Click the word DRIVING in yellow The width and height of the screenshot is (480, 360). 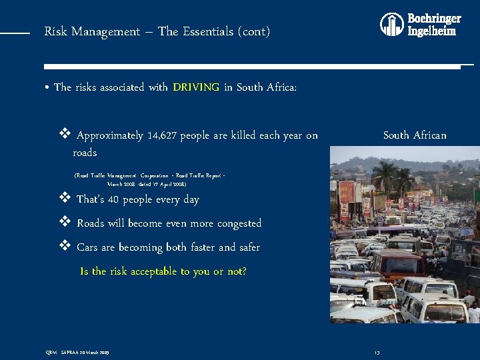tap(196, 87)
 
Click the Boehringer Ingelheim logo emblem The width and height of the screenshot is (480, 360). tap(391, 24)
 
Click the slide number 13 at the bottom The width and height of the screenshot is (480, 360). tap(377, 352)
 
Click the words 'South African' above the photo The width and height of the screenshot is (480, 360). tap(415, 135)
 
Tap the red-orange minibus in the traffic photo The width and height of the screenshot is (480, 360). tap(397, 261)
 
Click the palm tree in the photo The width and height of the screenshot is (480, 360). tap(385, 175)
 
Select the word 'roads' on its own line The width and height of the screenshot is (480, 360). tap(85, 153)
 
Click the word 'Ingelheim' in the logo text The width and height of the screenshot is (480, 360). tap(432, 31)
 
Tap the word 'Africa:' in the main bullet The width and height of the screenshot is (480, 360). tap(281, 87)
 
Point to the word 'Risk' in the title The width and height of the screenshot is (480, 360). tap(54, 31)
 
